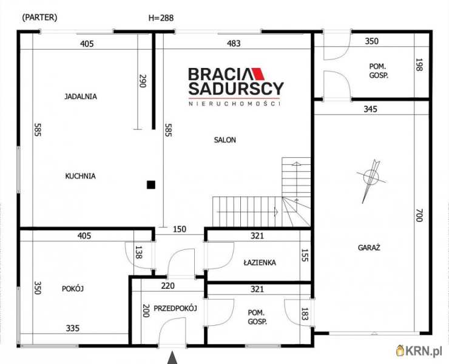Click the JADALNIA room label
pyautogui.click(x=81, y=96)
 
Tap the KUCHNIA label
pyautogui.click(x=81, y=176)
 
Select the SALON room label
pyautogui.click(x=225, y=140)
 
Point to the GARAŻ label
pyautogui.click(x=369, y=248)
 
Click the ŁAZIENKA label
pyautogui.click(x=260, y=262)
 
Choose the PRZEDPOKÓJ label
pyautogui.click(x=175, y=308)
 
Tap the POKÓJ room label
pyautogui.click(x=73, y=289)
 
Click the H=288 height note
pyautogui.click(x=161, y=18)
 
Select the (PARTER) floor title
pyautogui.click(x=39, y=17)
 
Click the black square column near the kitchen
pyautogui.click(x=151, y=184)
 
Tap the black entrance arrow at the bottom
pyautogui.click(x=172, y=358)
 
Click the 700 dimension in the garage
pyautogui.click(x=419, y=215)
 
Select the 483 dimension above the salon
pyautogui.click(x=234, y=44)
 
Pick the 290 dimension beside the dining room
pyautogui.click(x=143, y=81)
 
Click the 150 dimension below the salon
pyautogui.click(x=180, y=229)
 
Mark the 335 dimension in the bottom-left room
pyautogui.click(x=73, y=328)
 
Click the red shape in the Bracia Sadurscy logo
pyautogui.click(x=258, y=73)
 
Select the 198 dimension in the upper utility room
pyautogui.click(x=419, y=65)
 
